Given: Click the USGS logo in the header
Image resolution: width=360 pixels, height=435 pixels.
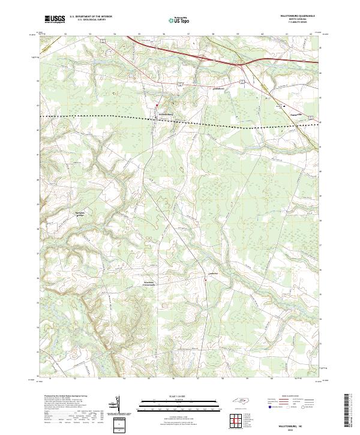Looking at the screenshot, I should (55, 19).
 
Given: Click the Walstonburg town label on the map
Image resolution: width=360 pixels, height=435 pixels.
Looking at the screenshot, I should (165, 113).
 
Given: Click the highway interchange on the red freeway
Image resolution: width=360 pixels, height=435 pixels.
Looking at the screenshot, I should (241, 64).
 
